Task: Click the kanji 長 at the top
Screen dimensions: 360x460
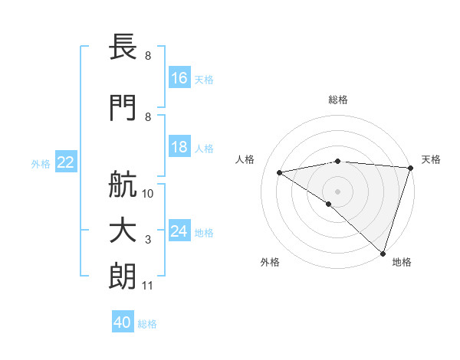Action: (123, 48)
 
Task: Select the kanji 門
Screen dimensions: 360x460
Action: (123, 108)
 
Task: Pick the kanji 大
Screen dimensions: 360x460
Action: (123, 231)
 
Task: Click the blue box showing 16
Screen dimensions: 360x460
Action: (179, 78)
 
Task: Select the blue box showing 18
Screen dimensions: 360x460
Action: (179, 147)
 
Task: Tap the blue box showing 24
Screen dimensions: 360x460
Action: (179, 231)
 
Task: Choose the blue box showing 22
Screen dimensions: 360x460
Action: (66, 162)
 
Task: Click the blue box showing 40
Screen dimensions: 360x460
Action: (123, 323)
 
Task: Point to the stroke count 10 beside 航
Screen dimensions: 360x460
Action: (149, 193)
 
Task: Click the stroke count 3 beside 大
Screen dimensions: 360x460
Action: (148, 241)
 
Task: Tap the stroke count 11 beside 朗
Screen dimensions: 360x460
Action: (148, 286)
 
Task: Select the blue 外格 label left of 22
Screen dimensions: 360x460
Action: (41, 163)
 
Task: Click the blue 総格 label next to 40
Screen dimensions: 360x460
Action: (148, 324)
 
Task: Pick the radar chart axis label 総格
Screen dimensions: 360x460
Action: (338, 100)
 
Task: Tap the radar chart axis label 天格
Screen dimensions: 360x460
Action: (432, 159)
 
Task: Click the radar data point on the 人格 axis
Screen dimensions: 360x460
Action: (280, 172)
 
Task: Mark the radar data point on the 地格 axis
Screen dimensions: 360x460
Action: (383, 253)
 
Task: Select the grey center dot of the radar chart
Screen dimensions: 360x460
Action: (337, 190)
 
